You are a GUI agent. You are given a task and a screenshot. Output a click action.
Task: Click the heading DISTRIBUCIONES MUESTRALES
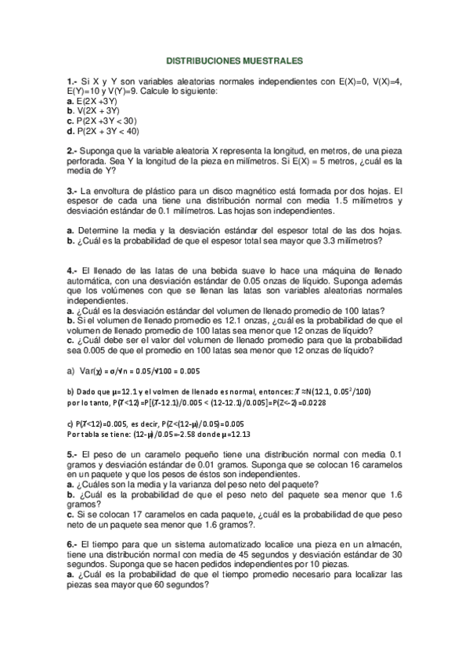click(234, 60)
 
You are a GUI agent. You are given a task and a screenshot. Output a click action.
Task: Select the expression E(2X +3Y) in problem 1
click(96, 102)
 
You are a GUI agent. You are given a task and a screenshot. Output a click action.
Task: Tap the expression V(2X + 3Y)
click(98, 111)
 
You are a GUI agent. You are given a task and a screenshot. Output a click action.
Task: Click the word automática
click(92, 280)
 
